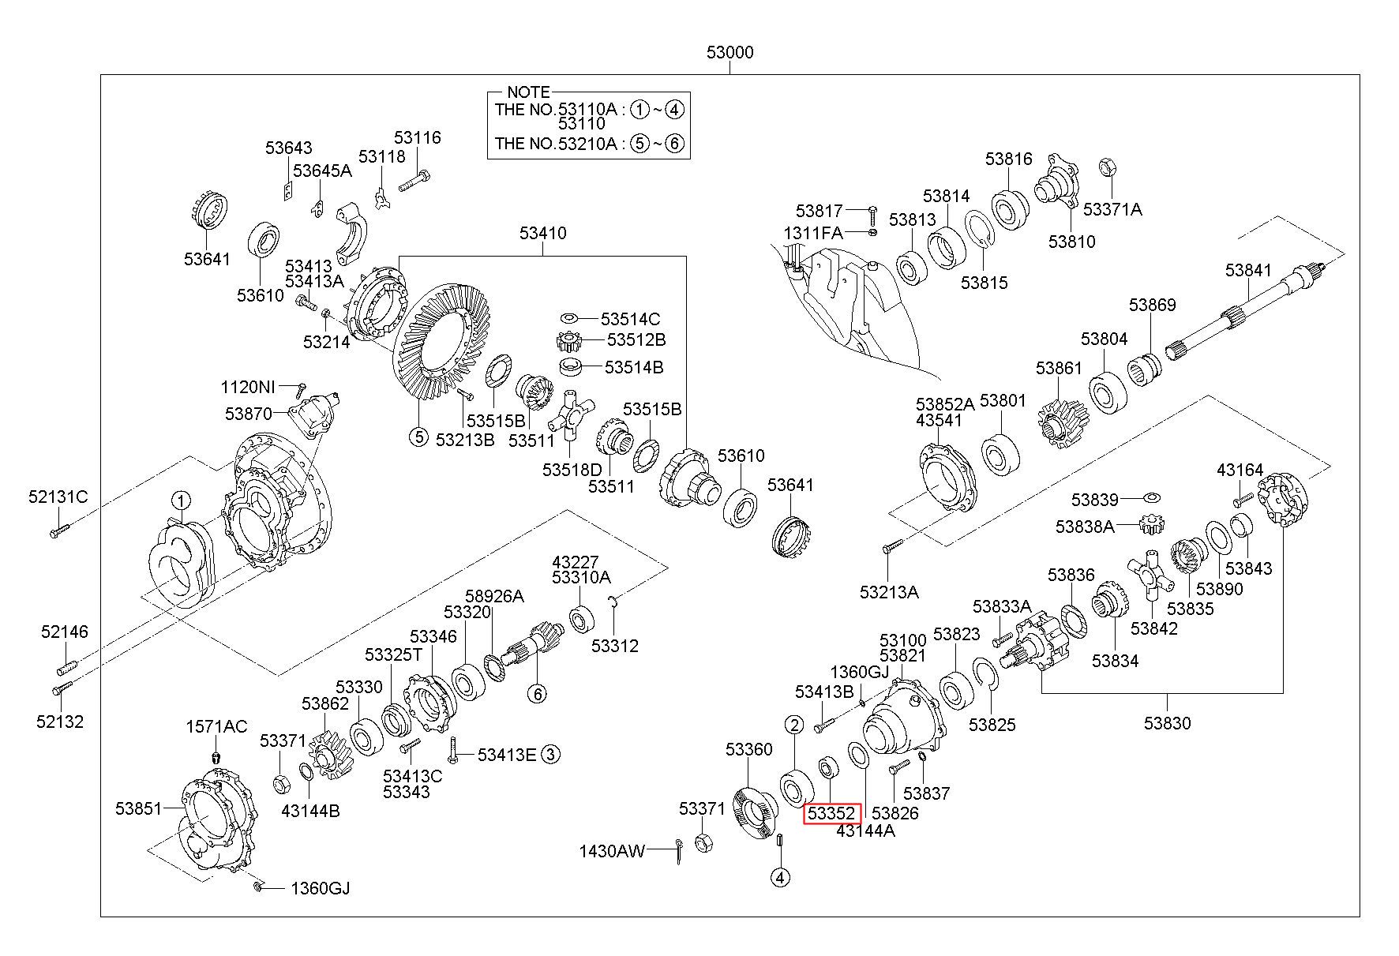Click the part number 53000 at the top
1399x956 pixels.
[x=730, y=52]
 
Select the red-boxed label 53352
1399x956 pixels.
[x=831, y=812]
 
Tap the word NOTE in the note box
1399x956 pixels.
[x=528, y=92]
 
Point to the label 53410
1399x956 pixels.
[x=542, y=233]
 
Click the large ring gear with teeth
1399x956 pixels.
[x=440, y=343]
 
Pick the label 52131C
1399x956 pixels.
[x=58, y=497]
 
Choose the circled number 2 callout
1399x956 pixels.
[x=794, y=725]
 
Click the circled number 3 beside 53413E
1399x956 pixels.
[x=551, y=755]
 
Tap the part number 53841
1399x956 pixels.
[x=1248, y=270]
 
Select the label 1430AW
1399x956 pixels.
[x=612, y=850]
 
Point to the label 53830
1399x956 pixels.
[x=1167, y=722]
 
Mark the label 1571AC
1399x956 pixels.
[x=216, y=726]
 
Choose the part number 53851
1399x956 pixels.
[x=138, y=808]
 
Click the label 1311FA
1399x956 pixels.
[x=813, y=233]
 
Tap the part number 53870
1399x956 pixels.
[x=248, y=413]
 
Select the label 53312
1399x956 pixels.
[x=615, y=646]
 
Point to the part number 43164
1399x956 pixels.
[x=1240, y=470]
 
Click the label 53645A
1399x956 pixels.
[x=322, y=170]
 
